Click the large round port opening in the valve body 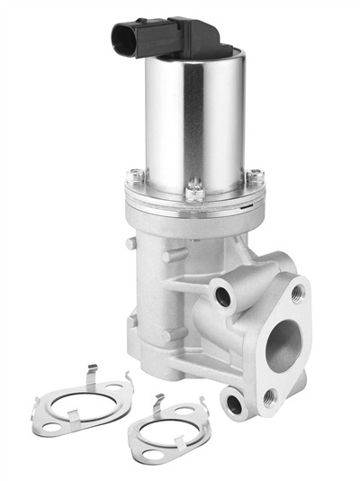point(286,343)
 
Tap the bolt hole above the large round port point(298,291)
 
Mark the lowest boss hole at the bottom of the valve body point(235,404)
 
